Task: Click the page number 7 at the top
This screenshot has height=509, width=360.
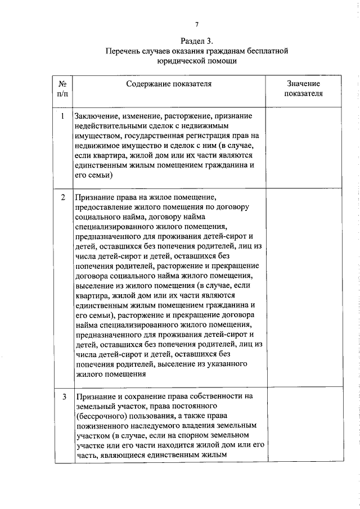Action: click(x=197, y=24)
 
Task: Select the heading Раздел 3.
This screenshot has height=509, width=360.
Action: click(x=197, y=41)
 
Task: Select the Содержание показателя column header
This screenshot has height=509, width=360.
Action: click(x=169, y=84)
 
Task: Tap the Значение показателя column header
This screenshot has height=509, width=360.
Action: click(x=303, y=88)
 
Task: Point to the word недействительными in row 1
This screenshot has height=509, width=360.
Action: click(x=109, y=125)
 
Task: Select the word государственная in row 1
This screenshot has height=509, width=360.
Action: click(x=152, y=136)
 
